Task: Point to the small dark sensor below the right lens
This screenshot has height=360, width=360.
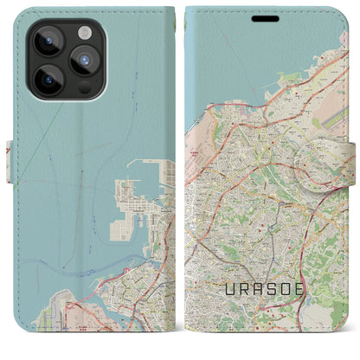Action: coord(85,87)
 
